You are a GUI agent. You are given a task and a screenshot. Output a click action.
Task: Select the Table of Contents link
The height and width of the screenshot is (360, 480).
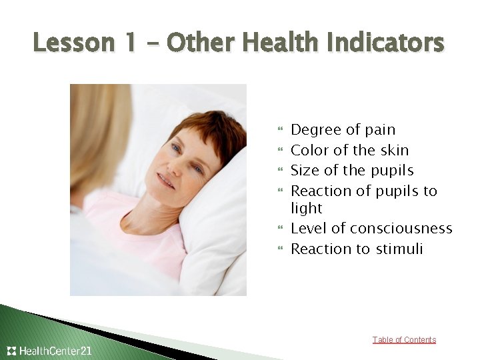404,340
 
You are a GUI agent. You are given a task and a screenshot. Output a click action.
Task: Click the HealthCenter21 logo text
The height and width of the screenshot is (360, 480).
55,351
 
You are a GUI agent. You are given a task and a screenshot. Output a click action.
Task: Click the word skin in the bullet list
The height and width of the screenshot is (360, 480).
393,150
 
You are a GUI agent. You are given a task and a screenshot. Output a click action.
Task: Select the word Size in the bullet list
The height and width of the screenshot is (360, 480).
305,171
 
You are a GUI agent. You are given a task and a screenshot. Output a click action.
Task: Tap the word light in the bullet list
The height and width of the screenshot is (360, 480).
307,209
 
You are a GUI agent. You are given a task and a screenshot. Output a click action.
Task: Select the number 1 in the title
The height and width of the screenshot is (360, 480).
135,43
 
